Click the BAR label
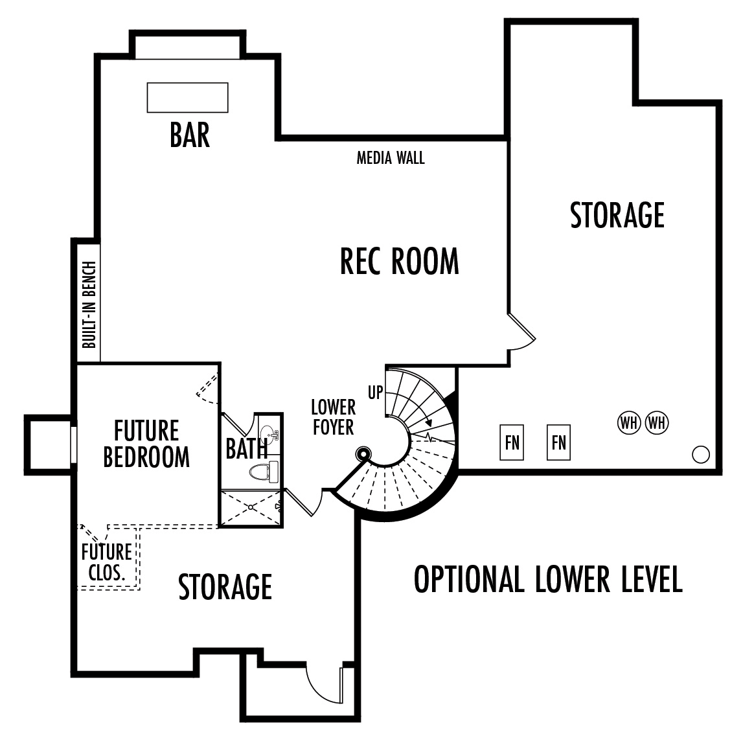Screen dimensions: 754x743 click(190, 135)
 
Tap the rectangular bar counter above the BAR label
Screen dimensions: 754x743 click(188, 98)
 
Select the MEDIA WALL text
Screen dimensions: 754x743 click(391, 158)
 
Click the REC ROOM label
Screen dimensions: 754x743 click(399, 261)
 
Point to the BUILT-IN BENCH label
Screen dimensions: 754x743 click(89, 304)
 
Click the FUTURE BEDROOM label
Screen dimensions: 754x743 click(146, 444)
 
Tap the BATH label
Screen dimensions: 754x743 click(246, 449)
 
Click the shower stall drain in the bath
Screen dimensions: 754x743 click(251, 507)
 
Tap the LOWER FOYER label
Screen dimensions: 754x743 click(333, 417)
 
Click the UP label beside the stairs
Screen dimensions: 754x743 click(376, 393)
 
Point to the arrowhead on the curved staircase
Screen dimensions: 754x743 click(428, 423)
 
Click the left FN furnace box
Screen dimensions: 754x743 click(512, 442)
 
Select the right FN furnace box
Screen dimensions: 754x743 click(559, 442)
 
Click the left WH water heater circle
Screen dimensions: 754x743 click(629, 423)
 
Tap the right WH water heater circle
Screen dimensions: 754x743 click(657, 423)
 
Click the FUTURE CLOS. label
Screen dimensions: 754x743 click(107, 562)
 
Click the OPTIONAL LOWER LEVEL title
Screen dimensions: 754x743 click(548, 579)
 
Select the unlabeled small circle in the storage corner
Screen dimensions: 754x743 click(701, 455)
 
